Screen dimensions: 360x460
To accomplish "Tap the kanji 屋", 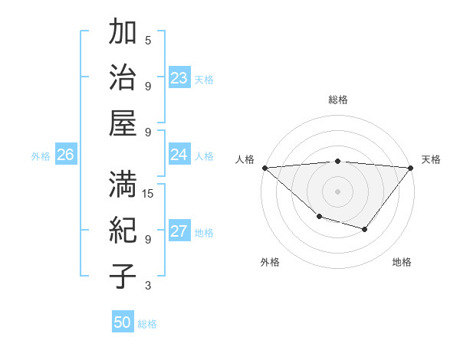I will [x=123, y=122].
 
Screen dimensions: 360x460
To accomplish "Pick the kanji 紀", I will [x=123, y=229].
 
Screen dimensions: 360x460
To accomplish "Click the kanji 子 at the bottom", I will [x=123, y=275].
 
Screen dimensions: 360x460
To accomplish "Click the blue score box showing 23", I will [x=179, y=78].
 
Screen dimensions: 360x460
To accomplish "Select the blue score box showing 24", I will [x=179, y=155].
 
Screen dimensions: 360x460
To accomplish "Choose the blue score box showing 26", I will [x=65, y=155].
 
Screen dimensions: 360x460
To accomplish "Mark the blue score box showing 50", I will [x=123, y=322].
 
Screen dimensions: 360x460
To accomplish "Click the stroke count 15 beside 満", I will [x=149, y=194].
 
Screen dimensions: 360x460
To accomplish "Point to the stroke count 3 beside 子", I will [x=148, y=286].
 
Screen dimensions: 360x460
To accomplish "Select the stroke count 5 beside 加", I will [x=148, y=41].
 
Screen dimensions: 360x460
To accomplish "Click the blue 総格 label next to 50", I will [x=147, y=324].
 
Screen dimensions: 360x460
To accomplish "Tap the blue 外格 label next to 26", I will [x=41, y=156].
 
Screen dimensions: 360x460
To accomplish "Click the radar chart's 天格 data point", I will [x=411, y=168].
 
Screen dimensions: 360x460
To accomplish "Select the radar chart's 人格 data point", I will [x=264, y=168].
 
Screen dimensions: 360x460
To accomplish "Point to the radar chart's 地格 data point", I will [x=365, y=229].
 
